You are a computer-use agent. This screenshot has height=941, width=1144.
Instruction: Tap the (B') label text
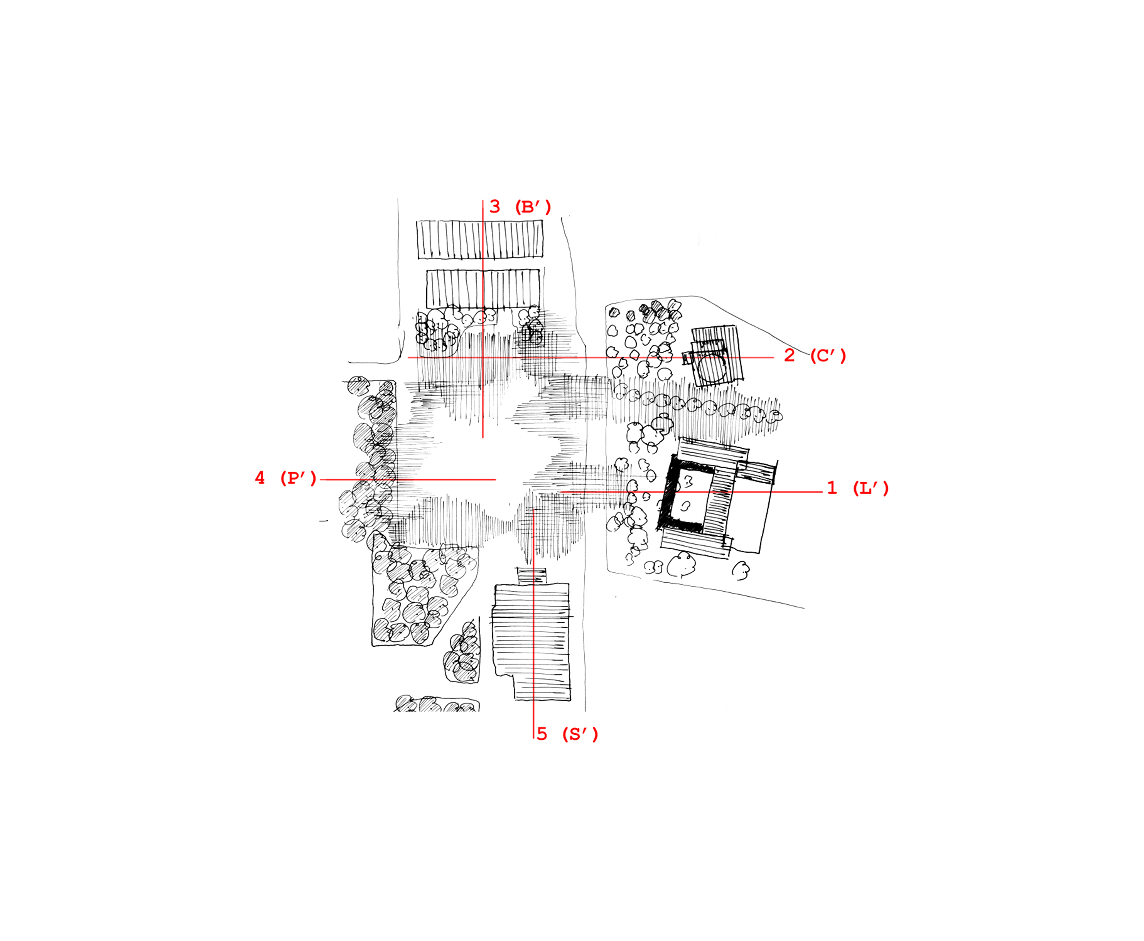(x=532, y=207)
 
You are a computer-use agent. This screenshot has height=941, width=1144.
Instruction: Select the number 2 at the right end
(x=789, y=356)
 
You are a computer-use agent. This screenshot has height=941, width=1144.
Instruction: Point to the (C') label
(x=828, y=356)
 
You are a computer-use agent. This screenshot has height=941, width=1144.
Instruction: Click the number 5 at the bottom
(x=542, y=734)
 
